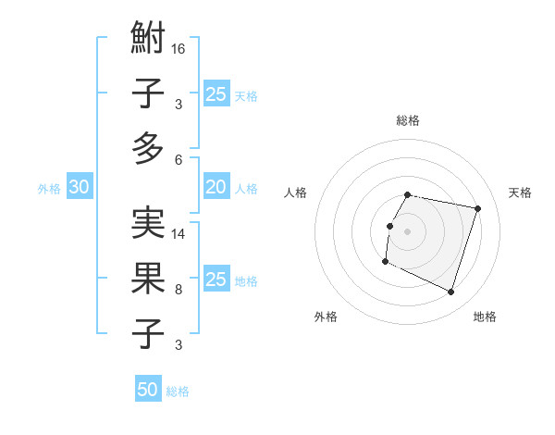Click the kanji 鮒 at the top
148,41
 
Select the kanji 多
148,148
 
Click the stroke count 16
179,47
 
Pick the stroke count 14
179,234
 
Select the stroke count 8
179,289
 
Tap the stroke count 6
179,158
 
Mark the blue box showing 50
148,390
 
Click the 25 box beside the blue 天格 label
216,94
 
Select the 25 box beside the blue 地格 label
216,280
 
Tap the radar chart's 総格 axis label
408,120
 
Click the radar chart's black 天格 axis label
520,193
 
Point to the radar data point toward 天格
477,208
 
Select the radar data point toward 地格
451,292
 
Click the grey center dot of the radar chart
408,230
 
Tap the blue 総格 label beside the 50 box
178,391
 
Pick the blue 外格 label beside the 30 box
49,189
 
